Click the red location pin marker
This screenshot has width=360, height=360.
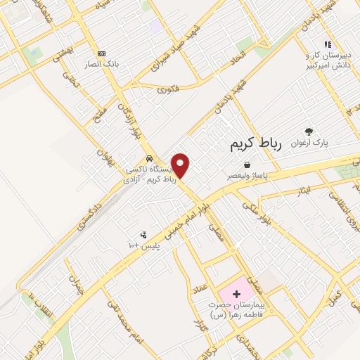181,166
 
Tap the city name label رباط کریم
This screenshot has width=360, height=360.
255,144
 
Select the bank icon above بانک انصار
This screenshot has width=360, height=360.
102,53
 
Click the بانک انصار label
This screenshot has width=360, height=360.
103,64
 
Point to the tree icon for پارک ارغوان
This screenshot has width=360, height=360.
307,131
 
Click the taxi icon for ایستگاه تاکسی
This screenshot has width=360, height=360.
148,158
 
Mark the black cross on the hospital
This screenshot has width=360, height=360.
236,292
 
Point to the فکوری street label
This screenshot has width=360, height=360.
168,89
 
